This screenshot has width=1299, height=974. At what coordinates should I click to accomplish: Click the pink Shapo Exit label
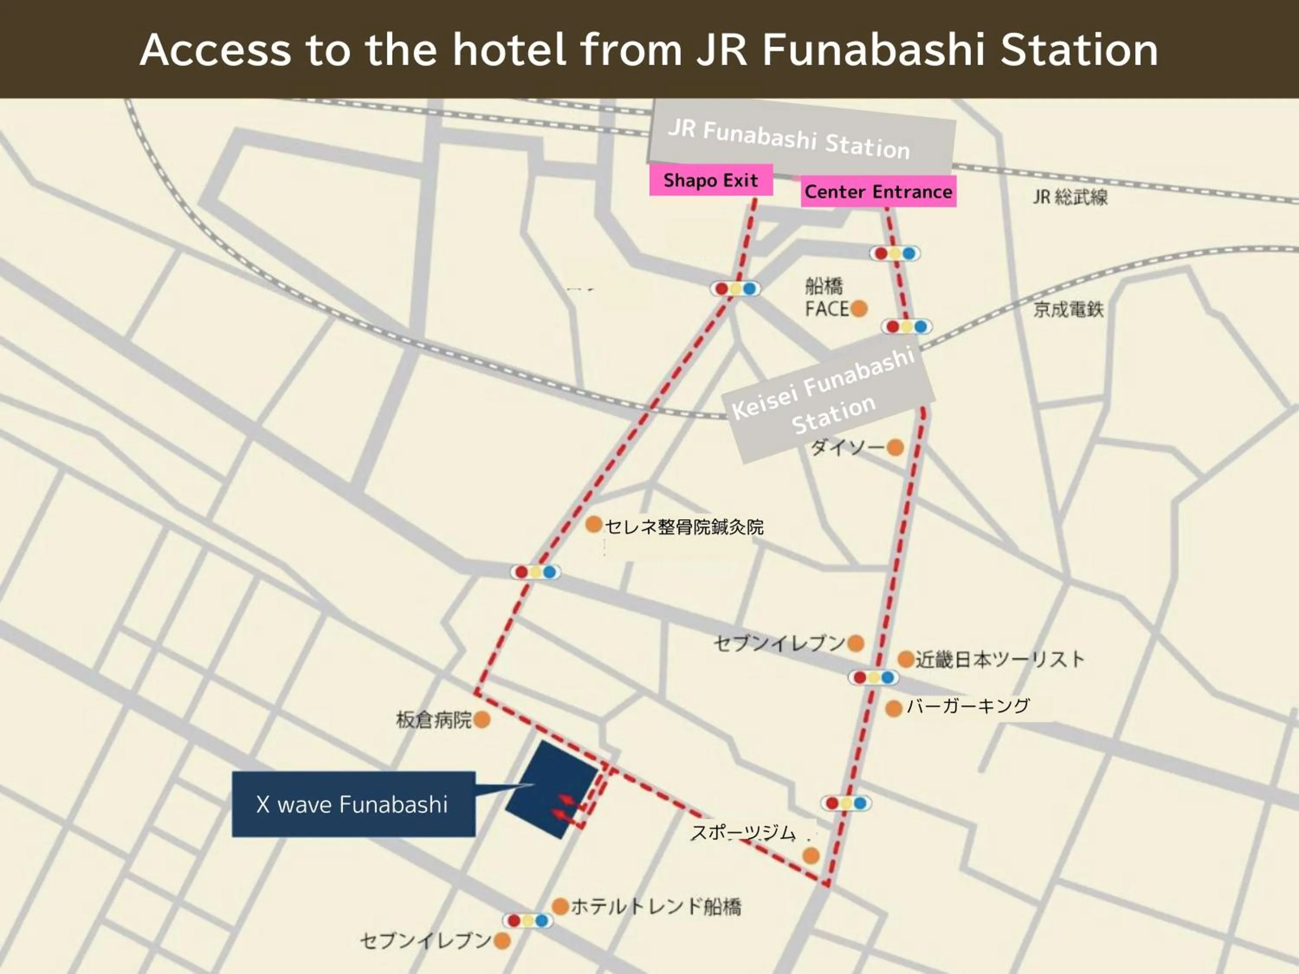[711, 180]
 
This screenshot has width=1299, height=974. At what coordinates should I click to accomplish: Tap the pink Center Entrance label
[878, 191]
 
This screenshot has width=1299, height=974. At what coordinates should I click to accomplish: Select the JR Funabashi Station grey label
[801, 139]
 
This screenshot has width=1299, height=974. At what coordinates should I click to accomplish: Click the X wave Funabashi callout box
[353, 804]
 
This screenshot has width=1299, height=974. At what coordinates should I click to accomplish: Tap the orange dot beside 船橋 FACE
[859, 308]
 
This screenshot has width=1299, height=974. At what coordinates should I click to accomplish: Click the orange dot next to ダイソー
[895, 447]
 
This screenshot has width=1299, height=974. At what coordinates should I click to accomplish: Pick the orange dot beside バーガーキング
[894, 709]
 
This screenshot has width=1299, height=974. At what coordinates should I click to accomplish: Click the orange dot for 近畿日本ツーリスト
[906, 659]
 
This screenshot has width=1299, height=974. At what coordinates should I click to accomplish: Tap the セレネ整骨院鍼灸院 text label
[684, 527]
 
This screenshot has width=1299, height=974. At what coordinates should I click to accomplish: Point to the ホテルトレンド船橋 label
[656, 906]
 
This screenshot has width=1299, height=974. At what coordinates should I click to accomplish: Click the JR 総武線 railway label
[1070, 197]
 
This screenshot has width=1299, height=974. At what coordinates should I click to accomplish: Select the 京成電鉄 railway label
[1068, 310]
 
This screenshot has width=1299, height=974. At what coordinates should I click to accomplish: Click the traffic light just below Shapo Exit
[735, 289]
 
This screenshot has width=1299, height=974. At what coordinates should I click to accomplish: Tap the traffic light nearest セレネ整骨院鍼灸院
[536, 572]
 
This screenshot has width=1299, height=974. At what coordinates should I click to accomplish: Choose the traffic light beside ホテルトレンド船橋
[527, 921]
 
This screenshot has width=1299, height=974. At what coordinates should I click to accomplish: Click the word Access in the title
[215, 49]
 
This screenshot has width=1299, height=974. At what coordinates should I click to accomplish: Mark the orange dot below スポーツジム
[811, 855]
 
